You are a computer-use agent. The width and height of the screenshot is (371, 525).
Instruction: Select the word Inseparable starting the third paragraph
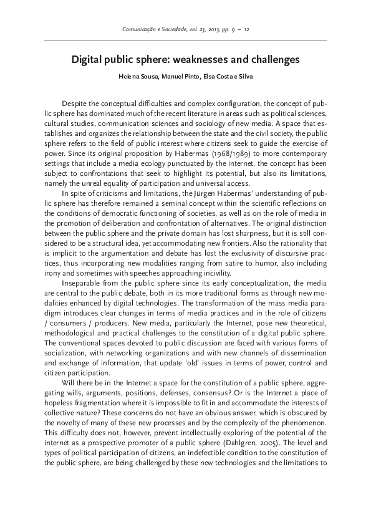tap(81, 282)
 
